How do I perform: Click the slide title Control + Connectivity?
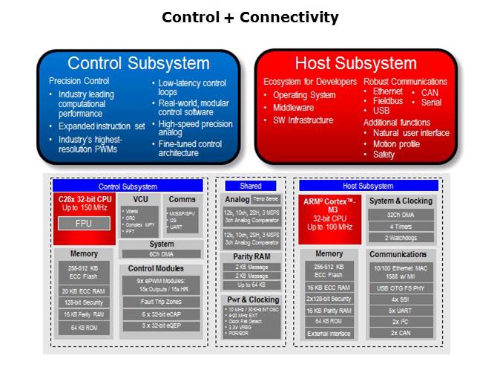pos(250,17)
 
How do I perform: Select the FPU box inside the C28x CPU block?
pos(82,223)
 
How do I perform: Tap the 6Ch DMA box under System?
pos(161,254)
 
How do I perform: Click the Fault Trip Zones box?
pos(161,302)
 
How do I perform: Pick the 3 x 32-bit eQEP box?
pos(161,325)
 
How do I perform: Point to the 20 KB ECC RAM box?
pos(85,291)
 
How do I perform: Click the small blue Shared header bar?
pos(250,186)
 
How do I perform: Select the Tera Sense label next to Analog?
pos(265,199)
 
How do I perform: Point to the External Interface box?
pos(329,333)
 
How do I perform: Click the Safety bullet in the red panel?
pos(384,155)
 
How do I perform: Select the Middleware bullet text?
pos(289,107)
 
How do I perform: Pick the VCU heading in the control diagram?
pos(140,199)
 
